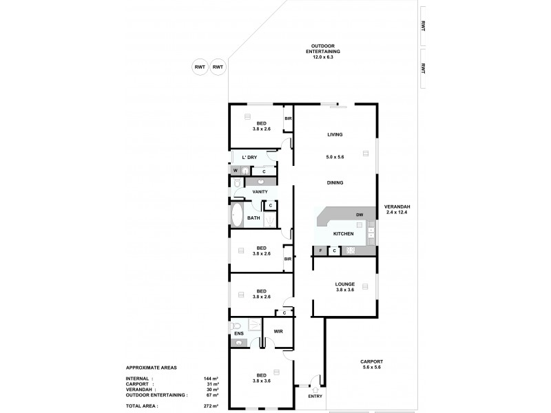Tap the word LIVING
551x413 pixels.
[335, 134]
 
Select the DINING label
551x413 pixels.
[335, 182]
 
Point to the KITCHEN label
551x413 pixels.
[343, 234]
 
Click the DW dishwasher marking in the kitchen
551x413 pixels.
[360, 215]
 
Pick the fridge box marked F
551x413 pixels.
[320, 251]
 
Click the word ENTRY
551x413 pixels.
[315, 396]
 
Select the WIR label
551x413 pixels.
[278, 331]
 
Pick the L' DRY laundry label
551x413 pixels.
[249, 158]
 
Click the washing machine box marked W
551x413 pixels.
[236, 171]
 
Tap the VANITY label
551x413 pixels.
[260, 191]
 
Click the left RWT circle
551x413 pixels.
[200, 66]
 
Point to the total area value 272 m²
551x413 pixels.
[211, 407]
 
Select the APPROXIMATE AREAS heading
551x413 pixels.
[151, 368]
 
